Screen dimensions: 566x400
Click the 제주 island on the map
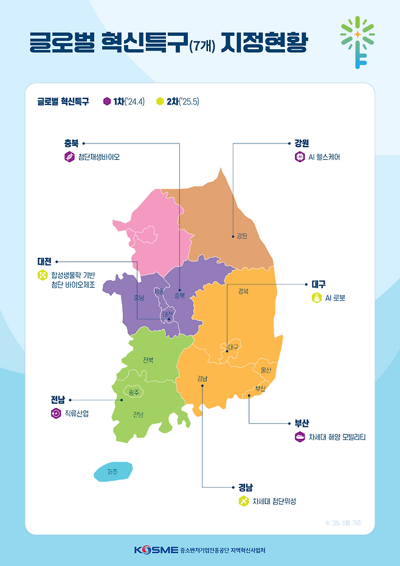tap(113, 472)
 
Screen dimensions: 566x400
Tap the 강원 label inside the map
tap(242, 236)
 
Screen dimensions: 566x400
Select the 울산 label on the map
tap(266, 370)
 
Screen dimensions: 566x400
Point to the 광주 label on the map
tap(134, 393)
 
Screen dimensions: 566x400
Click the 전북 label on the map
tap(148, 360)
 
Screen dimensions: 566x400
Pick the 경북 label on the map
tap(243, 291)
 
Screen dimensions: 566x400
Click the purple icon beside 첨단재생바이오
tap(69, 157)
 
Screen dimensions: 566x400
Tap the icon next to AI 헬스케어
tap(299, 157)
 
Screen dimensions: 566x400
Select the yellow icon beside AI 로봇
tap(316, 298)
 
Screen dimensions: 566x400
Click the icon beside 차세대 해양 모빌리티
tap(299, 437)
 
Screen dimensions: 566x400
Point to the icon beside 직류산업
tap(56, 413)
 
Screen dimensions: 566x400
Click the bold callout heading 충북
tap(71, 143)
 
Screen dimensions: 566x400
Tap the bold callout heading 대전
tap(44, 261)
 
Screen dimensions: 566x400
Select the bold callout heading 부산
tap(302, 423)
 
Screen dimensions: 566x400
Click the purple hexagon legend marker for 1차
tap(107, 102)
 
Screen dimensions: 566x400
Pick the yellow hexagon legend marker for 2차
tap(160, 102)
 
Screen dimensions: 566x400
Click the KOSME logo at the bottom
tap(156, 550)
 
